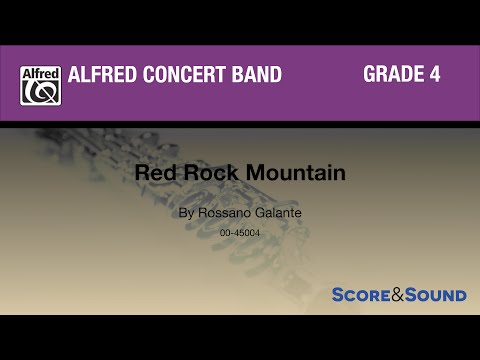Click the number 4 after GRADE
pos(435,75)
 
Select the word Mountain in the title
pos(284,172)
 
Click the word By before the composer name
pos(184,213)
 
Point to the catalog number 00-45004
pos(240,232)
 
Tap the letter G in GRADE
pos(369,75)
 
